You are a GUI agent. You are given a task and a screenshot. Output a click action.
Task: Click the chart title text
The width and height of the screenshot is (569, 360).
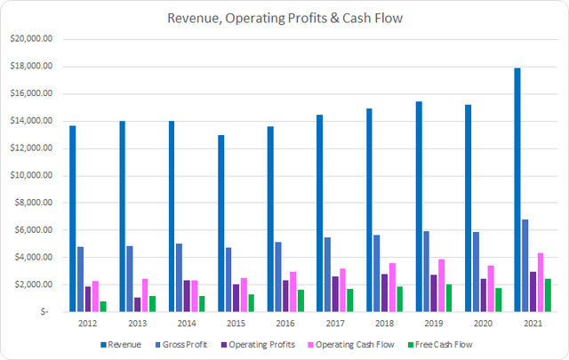point(284,16)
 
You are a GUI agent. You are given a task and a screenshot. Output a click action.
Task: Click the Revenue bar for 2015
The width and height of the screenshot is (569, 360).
point(220,223)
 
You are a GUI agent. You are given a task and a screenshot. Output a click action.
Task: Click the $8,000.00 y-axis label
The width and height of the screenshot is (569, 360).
point(34,203)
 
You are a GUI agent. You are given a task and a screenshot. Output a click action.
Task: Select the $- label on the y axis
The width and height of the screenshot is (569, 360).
point(45,312)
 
